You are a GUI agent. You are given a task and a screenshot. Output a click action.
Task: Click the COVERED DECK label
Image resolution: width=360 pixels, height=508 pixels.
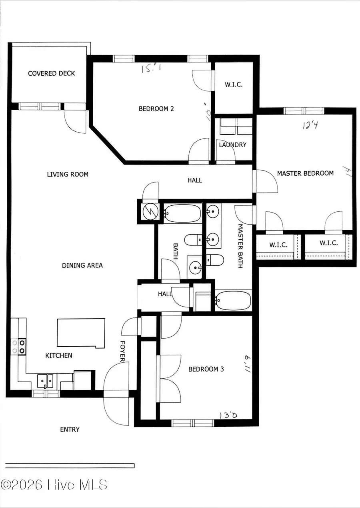(x=51, y=73)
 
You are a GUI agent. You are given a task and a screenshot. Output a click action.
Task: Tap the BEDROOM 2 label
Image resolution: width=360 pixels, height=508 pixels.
(x=156, y=108)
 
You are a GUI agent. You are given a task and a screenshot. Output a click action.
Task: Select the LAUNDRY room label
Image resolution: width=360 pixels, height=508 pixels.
(x=232, y=145)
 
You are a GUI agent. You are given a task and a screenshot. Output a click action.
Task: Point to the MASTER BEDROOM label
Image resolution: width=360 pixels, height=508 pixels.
(x=305, y=173)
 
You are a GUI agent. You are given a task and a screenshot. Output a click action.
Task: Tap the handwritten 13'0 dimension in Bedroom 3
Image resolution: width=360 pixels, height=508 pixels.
(x=228, y=415)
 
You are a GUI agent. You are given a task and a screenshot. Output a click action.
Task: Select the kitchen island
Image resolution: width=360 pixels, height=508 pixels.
(x=81, y=333)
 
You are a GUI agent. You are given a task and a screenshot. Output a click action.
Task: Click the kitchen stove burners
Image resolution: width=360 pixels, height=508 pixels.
(x=18, y=346)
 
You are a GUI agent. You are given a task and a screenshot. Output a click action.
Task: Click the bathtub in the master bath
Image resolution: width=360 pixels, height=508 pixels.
(x=233, y=300)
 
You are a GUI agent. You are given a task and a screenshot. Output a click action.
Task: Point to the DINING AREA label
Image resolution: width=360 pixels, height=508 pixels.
(x=82, y=265)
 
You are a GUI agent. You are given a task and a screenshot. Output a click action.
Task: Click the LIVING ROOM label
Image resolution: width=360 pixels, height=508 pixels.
(x=68, y=174)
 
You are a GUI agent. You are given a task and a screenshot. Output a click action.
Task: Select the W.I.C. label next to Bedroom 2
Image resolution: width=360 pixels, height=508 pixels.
(x=233, y=85)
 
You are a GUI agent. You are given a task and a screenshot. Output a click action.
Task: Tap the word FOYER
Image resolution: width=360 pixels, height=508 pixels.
(x=123, y=351)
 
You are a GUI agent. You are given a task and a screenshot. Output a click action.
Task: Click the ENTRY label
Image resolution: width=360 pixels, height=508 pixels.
(x=70, y=429)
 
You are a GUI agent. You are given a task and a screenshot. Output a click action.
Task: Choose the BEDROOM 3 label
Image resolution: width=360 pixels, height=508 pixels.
(x=206, y=369)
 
